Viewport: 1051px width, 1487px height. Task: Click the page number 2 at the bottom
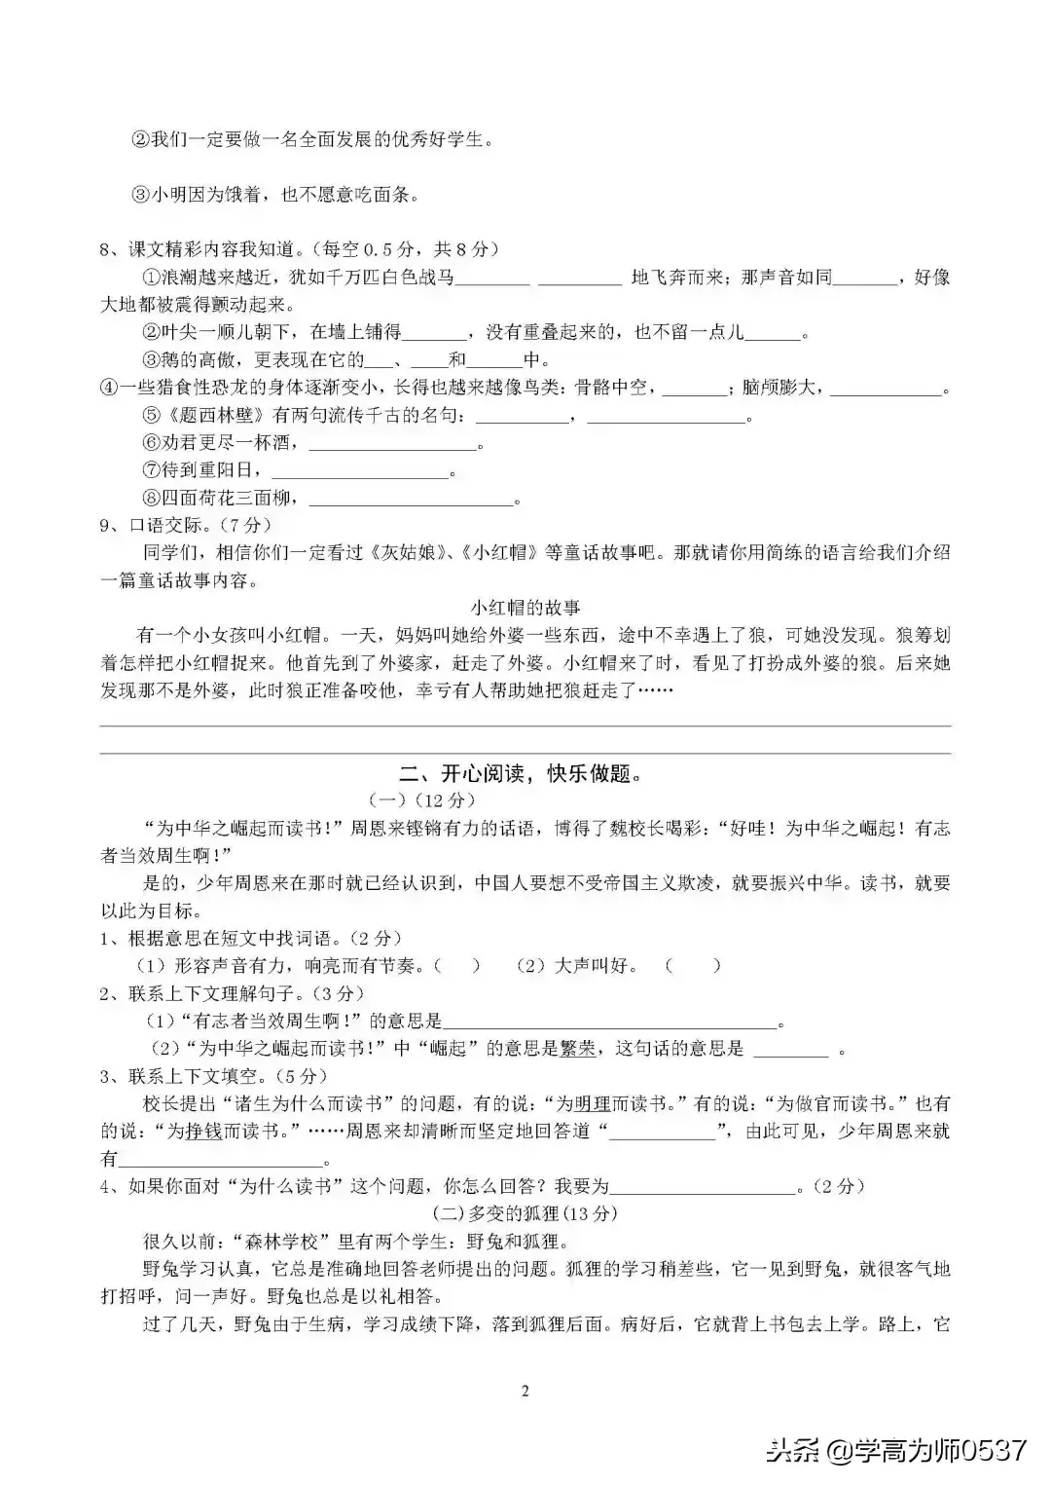[525, 1391]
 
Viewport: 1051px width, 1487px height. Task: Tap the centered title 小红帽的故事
[525, 608]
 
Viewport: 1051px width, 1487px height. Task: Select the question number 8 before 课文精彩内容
[106, 249]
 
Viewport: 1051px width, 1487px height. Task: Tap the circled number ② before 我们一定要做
[139, 139]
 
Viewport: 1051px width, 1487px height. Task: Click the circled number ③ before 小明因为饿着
[139, 195]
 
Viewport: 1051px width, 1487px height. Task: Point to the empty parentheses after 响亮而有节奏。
[456, 966]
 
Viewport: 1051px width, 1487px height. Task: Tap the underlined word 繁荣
[578, 1049]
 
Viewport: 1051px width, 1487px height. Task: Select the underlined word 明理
[593, 1104]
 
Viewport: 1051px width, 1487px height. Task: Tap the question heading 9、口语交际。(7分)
[181, 526]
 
